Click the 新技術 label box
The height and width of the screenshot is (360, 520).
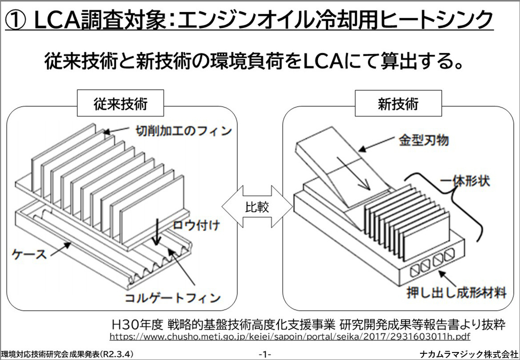398,103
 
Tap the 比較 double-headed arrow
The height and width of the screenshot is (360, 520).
257,207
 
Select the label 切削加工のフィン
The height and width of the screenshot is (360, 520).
184,131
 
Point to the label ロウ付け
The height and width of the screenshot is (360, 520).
196,225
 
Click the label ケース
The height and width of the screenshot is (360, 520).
29,255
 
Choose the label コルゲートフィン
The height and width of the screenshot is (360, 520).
172,297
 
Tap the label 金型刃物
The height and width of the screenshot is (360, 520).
424,140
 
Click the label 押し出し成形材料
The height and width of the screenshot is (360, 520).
456,292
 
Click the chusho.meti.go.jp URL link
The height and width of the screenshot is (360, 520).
289,337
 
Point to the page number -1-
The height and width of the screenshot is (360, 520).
265,354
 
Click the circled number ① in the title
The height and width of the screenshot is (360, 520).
16,19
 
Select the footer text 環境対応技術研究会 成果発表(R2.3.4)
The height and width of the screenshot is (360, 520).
67,354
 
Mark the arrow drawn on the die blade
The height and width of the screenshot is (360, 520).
353,173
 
